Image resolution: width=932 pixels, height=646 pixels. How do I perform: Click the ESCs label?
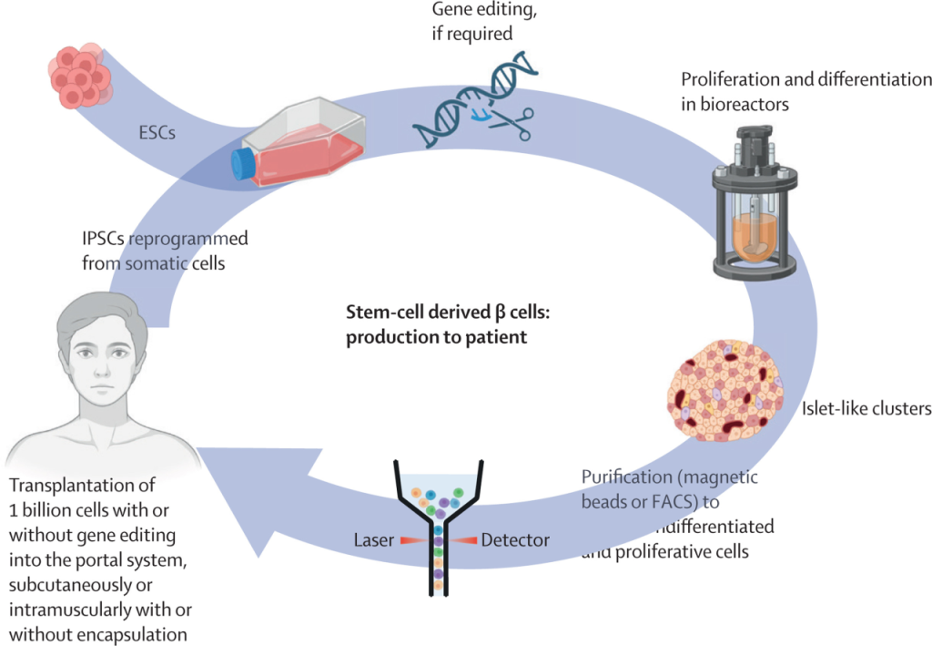click(158, 132)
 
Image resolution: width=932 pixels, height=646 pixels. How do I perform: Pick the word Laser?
click(373, 540)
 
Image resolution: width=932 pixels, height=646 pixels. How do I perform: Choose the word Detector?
click(515, 540)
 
